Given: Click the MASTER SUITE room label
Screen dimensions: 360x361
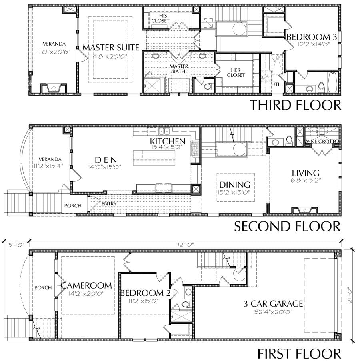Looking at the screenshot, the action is [x=111, y=48].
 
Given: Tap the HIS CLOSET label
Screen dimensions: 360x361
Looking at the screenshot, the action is [x=160, y=18].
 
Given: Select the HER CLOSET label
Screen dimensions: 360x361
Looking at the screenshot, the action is [x=236, y=72].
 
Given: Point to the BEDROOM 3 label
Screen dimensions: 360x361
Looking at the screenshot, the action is [x=312, y=37].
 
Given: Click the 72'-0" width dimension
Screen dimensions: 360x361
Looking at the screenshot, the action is [x=185, y=244].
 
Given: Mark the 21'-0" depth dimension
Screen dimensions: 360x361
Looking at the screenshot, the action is [x=350, y=295].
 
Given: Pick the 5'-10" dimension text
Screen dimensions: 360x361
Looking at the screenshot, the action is [x=16, y=245].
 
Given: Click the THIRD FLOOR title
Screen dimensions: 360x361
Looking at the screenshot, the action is [x=295, y=105].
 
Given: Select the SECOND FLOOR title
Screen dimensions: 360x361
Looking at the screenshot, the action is [x=287, y=226].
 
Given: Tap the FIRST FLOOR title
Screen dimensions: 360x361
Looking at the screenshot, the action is [x=299, y=353].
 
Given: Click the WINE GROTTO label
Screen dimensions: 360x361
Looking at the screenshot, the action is [x=322, y=141].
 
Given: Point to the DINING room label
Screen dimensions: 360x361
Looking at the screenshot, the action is [x=235, y=185].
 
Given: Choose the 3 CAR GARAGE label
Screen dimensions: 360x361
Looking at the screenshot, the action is [x=273, y=304].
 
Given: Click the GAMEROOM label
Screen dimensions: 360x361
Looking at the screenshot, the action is [x=86, y=285].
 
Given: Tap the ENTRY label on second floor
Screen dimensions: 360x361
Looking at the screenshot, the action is [x=109, y=204].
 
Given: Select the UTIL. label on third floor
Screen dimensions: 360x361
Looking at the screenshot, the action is [x=277, y=84].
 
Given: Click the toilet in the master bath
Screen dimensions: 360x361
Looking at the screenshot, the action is [x=208, y=87].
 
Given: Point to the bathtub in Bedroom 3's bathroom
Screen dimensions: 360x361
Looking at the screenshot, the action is [x=333, y=82].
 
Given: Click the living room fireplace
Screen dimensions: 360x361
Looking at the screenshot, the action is [x=305, y=210].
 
